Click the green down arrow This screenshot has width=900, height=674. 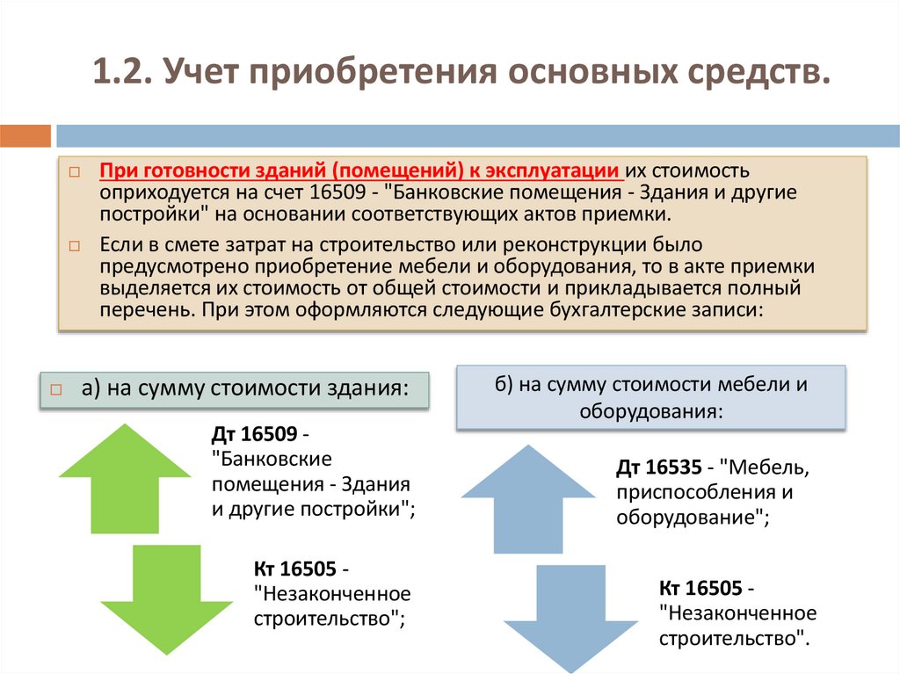(167, 598)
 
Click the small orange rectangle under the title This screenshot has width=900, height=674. (25, 136)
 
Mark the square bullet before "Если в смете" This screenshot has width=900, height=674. (74, 245)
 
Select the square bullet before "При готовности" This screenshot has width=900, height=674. (74, 170)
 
